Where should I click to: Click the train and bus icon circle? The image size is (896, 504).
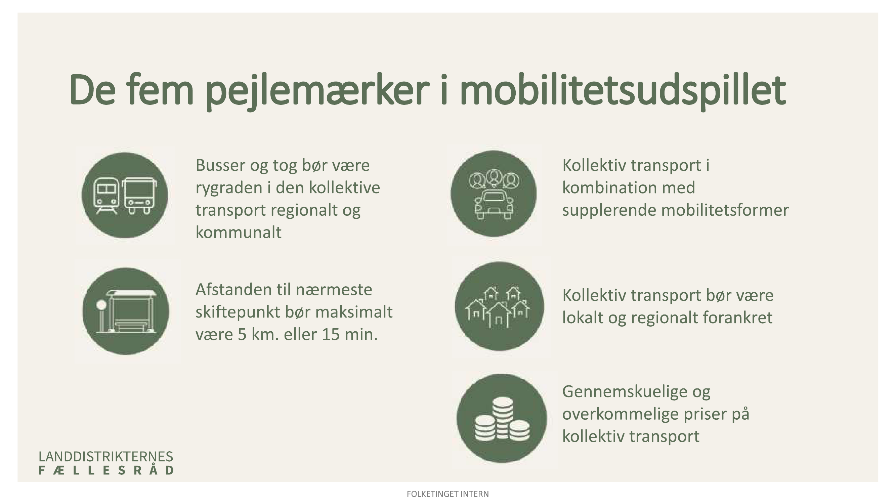(x=125, y=195)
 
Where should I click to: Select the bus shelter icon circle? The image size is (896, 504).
(x=126, y=311)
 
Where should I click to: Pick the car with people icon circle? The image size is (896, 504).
(x=494, y=194)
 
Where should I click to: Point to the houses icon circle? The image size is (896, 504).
(x=499, y=306)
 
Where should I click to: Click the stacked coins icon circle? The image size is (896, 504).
(x=502, y=418)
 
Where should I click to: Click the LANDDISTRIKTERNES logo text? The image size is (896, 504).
(x=106, y=456)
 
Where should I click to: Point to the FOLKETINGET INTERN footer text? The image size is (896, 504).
(x=447, y=494)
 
